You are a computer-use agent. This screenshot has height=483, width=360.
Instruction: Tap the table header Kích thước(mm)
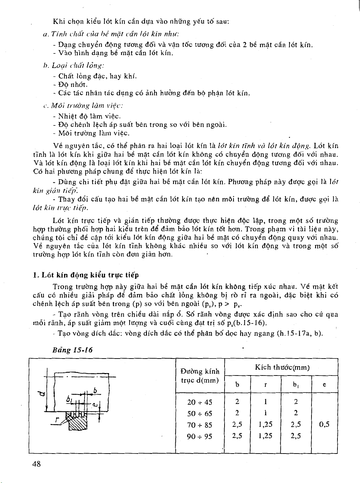coord(282,368)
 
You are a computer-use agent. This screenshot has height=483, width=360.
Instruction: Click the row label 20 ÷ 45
coord(200,402)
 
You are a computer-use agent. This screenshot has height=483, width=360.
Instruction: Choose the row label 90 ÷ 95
coord(200,436)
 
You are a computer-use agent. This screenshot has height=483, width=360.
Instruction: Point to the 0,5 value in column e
coord(324,424)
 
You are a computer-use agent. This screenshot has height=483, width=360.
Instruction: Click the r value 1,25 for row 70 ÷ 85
coord(265,424)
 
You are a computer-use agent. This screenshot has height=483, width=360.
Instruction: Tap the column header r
coord(265,385)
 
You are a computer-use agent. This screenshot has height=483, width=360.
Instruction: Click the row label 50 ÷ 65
coord(200,414)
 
